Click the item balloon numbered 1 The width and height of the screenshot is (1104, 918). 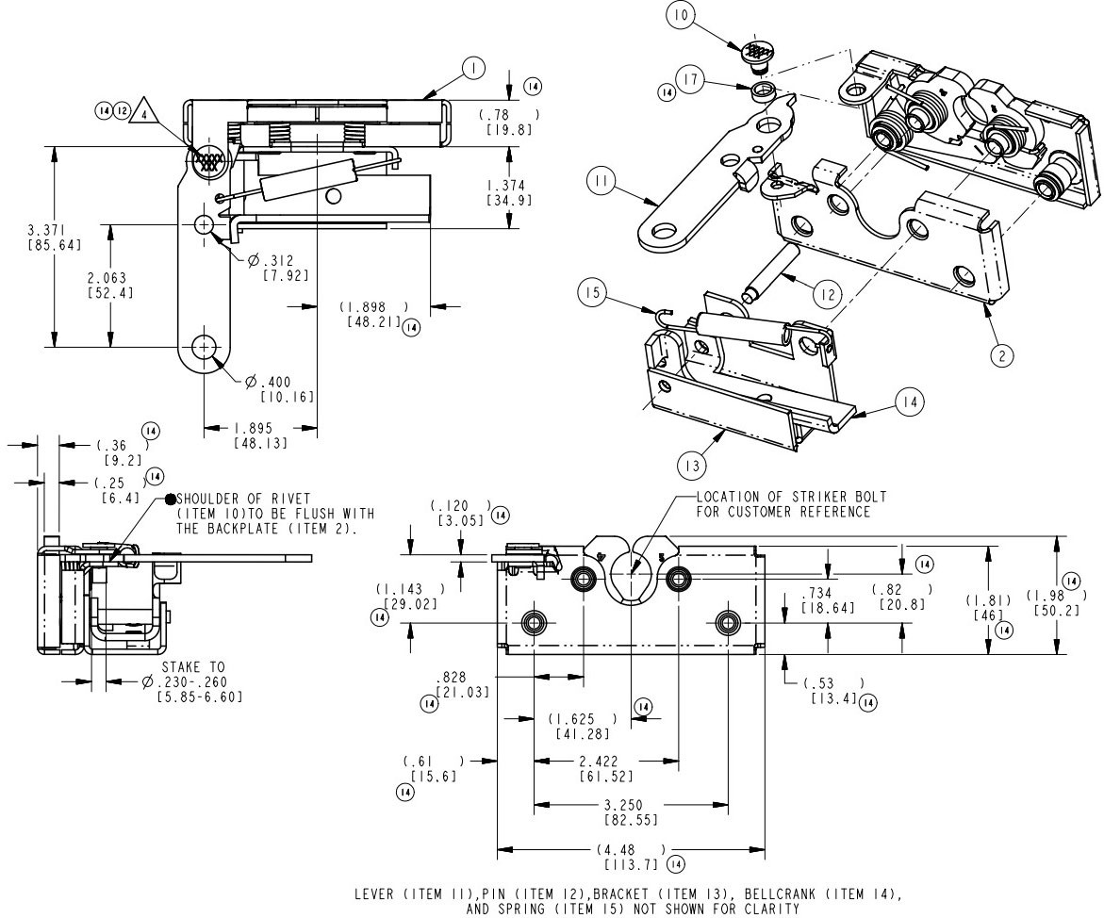(473, 67)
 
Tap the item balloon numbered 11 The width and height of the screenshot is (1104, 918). (601, 180)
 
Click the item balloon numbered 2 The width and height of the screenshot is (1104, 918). (1001, 354)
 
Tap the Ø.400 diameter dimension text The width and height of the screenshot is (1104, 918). (267, 383)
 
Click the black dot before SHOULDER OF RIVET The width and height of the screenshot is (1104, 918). (170, 499)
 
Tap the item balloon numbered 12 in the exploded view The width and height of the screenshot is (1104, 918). (826, 294)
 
